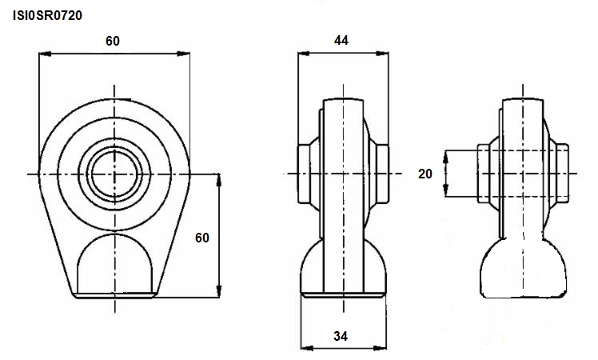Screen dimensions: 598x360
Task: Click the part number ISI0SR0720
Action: coord(48,16)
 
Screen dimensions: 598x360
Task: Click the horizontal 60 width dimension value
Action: coord(113,41)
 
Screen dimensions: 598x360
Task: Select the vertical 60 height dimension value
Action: coord(202,238)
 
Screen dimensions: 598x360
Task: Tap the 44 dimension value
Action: coord(341,40)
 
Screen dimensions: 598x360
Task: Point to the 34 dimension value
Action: coord(341,336)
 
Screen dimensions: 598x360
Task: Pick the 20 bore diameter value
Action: coord(425,174)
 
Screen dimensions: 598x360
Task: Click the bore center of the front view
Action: coord(114,174)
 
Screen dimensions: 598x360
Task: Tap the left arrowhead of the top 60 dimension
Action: coord(45,54)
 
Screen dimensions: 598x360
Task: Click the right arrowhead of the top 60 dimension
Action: coord(183,54)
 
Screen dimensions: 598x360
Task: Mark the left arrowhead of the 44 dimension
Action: coord(304,54)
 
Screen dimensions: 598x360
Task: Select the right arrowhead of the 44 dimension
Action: coord(382,54)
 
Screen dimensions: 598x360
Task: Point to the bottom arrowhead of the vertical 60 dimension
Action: coord(219,291)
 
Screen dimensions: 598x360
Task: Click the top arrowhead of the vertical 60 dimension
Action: coord(219,181)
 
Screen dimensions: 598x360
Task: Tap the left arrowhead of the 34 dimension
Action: coord(307,348)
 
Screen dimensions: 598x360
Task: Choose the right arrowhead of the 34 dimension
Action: coord(380,348)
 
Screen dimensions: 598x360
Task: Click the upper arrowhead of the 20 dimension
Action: coord(445,158)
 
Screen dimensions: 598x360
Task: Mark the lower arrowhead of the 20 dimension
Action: coord(445,190)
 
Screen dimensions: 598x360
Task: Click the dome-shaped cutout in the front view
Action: coord(114,263)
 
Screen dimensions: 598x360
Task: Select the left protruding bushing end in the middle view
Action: coord(304,174)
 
